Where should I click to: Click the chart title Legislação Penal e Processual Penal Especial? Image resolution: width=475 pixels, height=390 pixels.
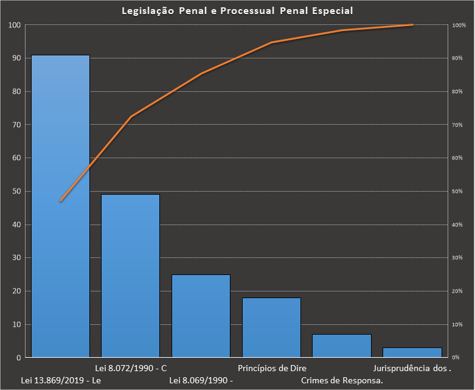(x=237, y=11)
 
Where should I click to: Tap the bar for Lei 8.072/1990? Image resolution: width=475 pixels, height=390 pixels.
(x=130, y=275)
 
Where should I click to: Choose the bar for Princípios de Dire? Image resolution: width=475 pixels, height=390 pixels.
(x=271, y=327)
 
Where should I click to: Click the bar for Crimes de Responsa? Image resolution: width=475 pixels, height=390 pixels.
(x=341, y=345)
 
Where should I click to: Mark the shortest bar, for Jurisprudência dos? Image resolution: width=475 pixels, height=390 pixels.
(x=412, y=352)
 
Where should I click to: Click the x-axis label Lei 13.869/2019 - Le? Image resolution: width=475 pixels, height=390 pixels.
(x=60, y=381)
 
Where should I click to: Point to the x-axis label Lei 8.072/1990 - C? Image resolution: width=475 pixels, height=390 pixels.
(x=131, y=368)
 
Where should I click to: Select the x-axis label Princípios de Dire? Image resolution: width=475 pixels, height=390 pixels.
(x=272, y=368)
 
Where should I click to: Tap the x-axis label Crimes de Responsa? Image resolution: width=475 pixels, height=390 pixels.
(x=342, y=381)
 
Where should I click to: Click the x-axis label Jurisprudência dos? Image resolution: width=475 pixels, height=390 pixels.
(x=412, y=368)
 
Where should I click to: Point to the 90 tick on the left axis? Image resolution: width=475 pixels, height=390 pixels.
(x=15, y=58)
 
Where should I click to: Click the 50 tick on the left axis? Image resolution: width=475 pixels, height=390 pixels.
(x=15, y=191)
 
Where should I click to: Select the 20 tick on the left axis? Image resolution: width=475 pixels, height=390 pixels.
(x=15, y=291)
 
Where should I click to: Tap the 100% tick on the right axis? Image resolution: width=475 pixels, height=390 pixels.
(x=459, y=26)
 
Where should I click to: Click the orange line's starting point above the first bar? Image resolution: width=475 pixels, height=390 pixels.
(x=61, y=201)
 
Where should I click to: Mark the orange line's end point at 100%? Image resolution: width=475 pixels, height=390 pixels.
(x=412, y=25)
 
